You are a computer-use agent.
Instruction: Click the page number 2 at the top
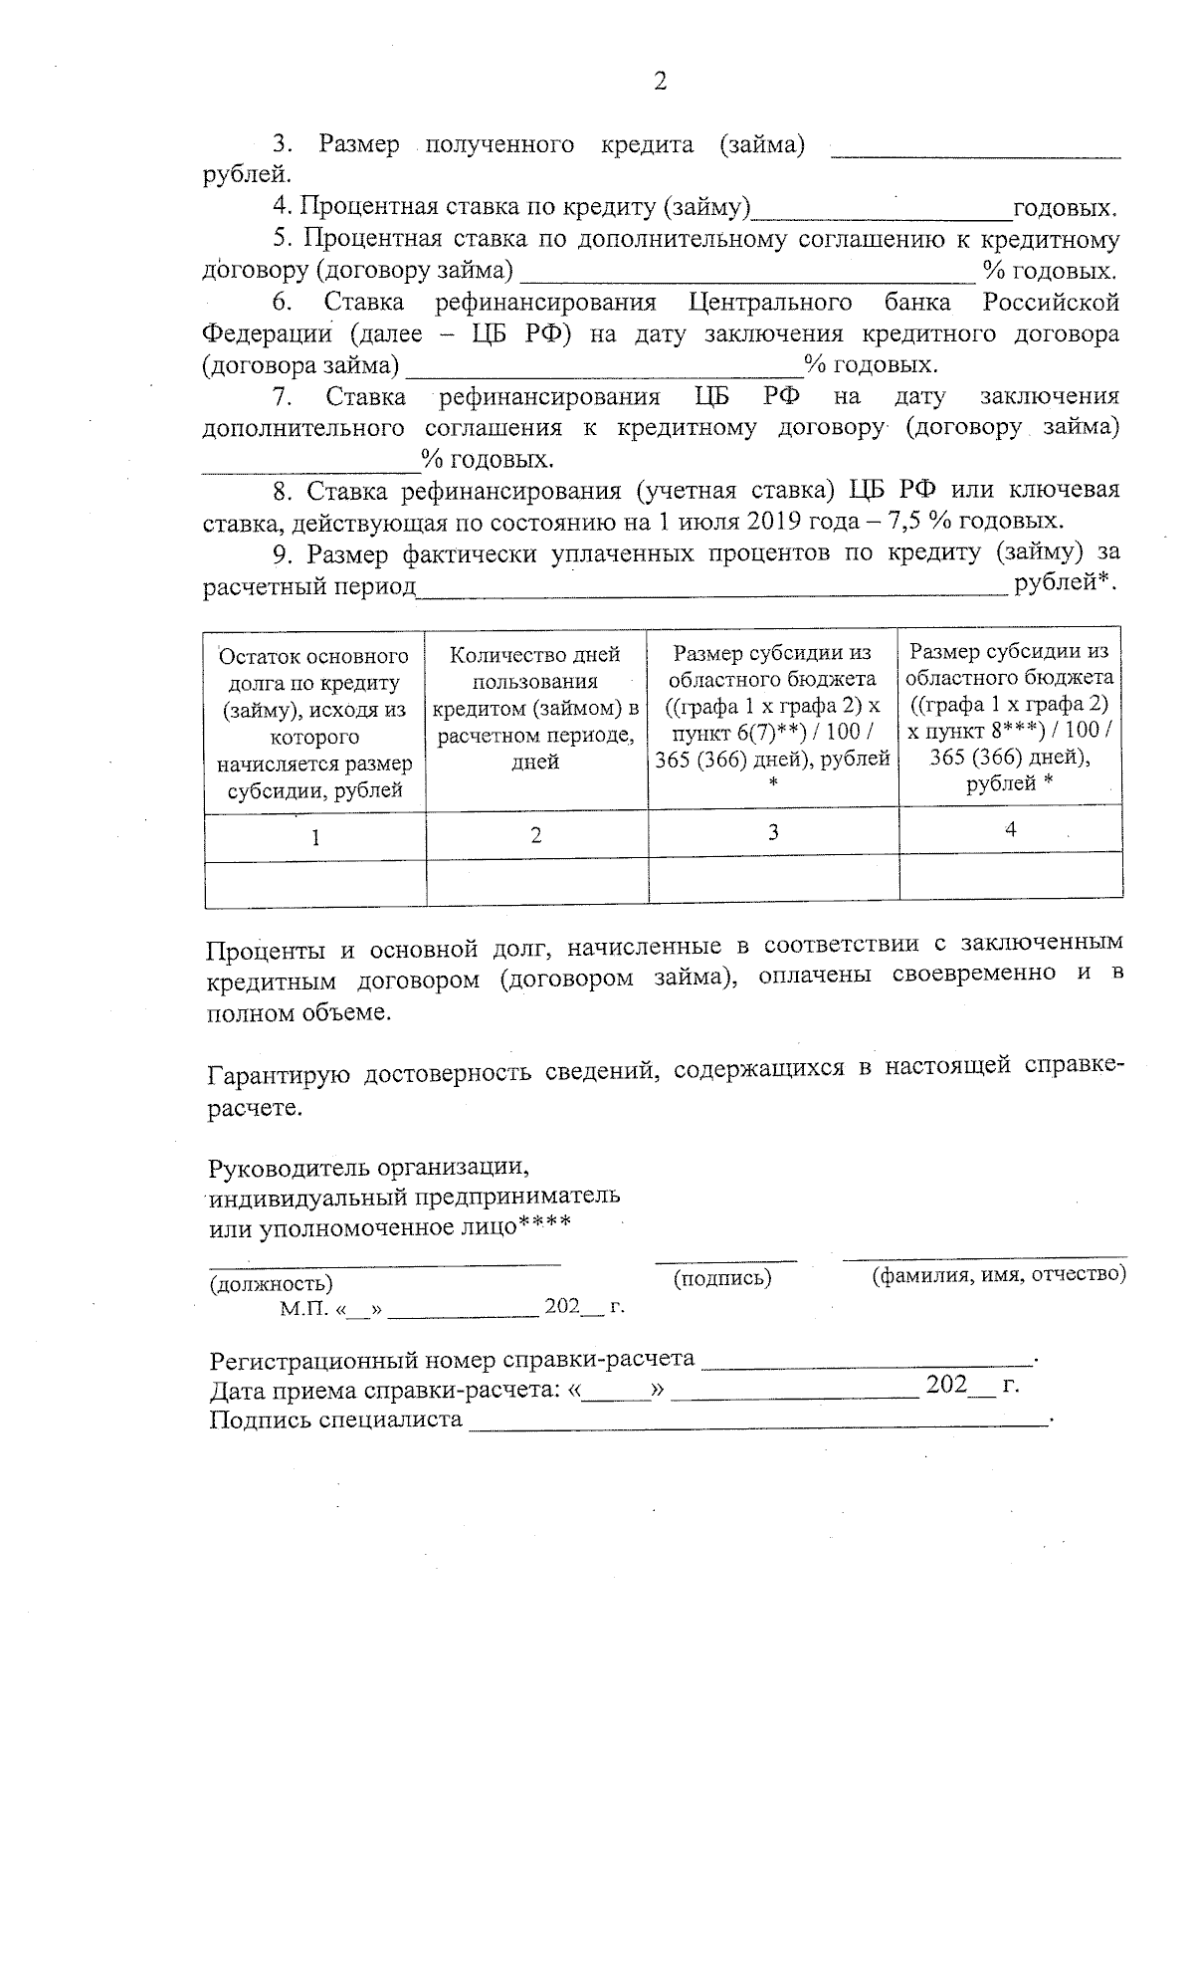coord(660,82)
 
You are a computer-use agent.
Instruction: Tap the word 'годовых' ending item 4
coord(1062,209)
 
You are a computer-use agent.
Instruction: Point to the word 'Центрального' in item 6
coord(770,303)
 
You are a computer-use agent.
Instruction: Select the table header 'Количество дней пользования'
coord(535,708)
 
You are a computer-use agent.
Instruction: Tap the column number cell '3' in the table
coord(772,832)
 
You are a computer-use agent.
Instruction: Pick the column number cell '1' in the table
coord(314,837)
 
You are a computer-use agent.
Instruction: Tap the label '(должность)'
coord(271,1284)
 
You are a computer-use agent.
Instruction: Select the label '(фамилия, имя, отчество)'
coord(998,1274)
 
